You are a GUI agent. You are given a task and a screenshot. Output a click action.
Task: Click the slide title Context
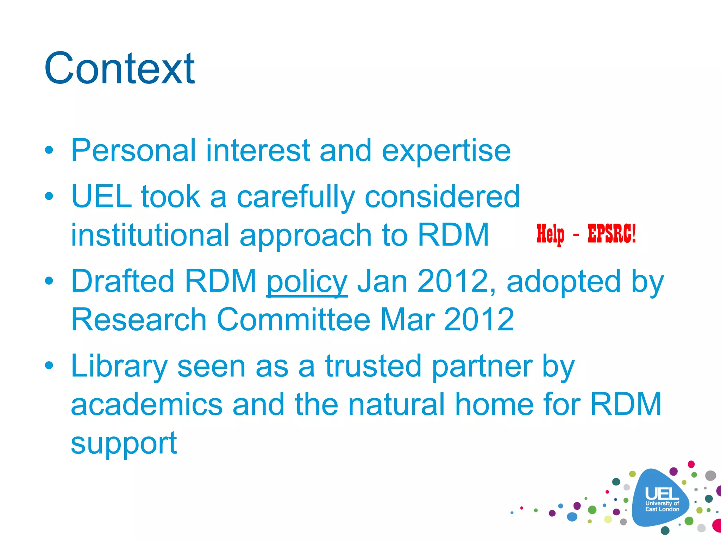click(119, 68)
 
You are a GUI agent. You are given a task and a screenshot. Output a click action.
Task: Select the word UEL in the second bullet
click(101, 197)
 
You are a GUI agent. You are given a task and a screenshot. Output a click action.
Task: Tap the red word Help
click(550, 234)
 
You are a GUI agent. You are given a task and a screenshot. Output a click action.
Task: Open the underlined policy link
click(307, 282)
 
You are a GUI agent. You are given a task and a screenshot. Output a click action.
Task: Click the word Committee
click(294, 319)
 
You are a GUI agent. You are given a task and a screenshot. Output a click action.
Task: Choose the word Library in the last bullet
click(119, 367)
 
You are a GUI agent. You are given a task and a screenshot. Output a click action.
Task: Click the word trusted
click(373, 366)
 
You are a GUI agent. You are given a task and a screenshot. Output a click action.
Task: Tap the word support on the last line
click(124, 444)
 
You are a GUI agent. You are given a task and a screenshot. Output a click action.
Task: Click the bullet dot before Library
click(49, 365)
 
